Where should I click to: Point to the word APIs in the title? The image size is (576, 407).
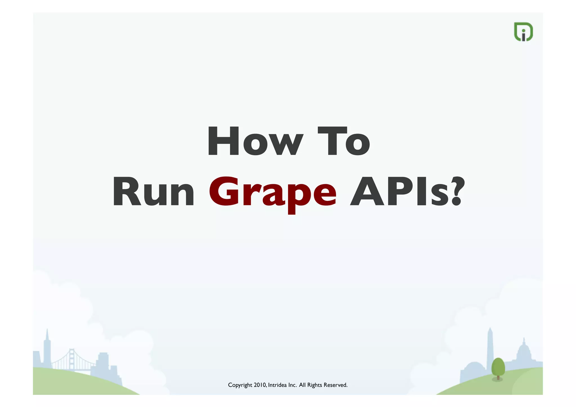[x=399, y=192]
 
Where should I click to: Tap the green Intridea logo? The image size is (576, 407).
[x=523, y=32]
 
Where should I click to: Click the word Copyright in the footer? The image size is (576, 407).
[x=240, y=385]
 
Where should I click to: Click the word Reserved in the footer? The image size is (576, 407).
[x=336, y=385]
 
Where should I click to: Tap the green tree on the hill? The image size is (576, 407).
[x=498, y=367]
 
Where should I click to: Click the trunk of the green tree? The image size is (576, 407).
[x=498, y=377]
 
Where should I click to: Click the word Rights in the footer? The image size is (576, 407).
[x=315, y=385]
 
